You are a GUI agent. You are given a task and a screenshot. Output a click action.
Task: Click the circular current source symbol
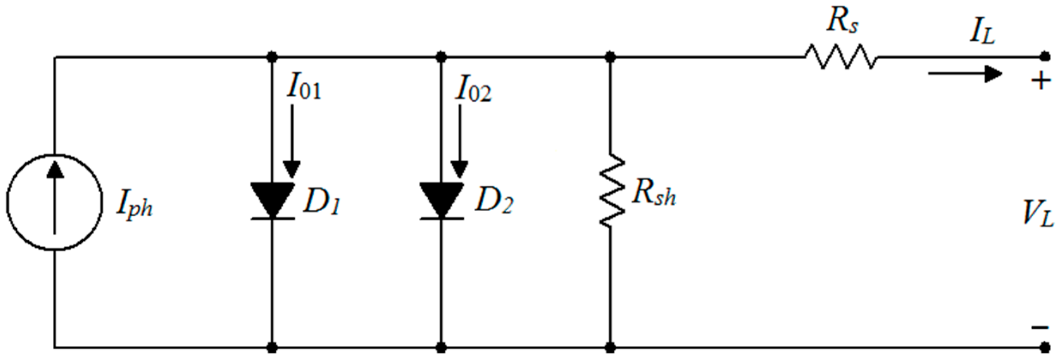coord(54,202)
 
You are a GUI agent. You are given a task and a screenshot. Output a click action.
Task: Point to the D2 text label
coord(493,201)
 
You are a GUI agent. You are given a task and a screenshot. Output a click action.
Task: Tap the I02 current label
coord(473,89)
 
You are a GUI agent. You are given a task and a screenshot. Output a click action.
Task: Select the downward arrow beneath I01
coord(292,142)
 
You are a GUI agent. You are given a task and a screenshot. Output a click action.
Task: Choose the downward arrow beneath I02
coord(459,142)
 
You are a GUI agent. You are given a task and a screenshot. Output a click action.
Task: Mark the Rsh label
coord(653,193)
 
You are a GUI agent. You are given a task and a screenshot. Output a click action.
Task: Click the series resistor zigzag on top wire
coord(841,57)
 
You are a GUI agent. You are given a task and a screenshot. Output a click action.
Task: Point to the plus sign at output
coord(1041,80)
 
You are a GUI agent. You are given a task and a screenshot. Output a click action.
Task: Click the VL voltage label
coord(1037,214)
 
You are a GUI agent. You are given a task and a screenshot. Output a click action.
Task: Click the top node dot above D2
coord(441,57)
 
